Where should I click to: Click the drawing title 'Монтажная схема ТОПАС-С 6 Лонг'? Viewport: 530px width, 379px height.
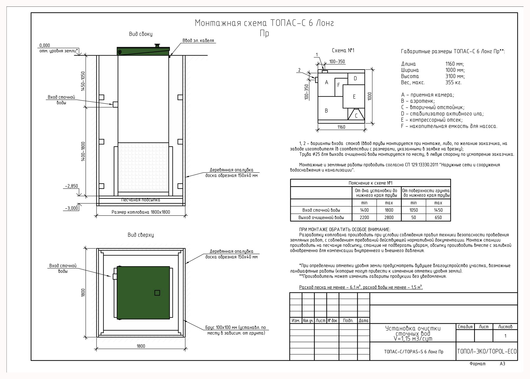264,23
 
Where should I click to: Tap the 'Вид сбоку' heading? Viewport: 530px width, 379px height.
141,34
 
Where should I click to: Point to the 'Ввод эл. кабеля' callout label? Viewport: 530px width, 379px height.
198,41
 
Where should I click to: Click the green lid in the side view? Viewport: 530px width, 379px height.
143,51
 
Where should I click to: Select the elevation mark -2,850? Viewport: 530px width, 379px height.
71,186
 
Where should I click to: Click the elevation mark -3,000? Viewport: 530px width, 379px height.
71,208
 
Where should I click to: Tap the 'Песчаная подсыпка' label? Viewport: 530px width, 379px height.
141,200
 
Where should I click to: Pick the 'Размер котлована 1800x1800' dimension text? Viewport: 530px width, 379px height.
141,212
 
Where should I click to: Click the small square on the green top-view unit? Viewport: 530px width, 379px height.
157,293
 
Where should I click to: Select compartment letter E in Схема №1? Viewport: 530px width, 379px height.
354,97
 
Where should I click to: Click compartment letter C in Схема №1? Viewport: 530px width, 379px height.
356,116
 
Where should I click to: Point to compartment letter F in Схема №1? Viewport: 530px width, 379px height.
338,85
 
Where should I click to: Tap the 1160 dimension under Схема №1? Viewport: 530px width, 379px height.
341,127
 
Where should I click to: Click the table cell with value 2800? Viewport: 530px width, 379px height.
389,218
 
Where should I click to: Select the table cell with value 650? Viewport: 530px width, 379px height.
438,218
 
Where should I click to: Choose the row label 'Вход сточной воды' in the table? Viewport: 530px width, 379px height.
321,210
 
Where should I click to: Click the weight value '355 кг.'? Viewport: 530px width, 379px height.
453,83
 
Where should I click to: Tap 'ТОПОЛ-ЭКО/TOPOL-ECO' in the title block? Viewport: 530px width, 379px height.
487,351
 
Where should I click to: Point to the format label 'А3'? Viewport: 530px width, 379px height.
502,364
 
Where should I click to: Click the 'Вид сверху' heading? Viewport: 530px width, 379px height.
141,235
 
